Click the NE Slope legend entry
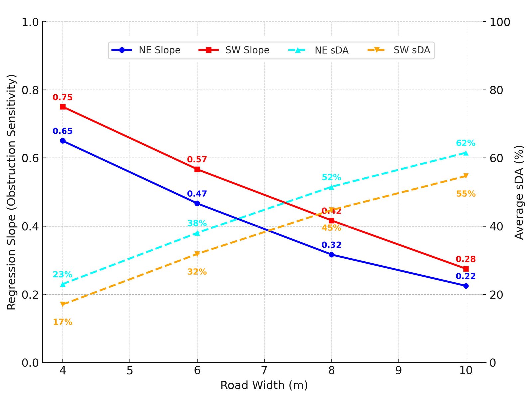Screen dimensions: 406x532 [x=146, y=50]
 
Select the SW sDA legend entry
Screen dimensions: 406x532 [x=399, y=50]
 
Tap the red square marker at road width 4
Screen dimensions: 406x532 [x=63, y=107]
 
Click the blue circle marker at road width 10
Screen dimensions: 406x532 [x=466, y=286]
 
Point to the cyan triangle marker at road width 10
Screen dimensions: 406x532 [x=466, y=153]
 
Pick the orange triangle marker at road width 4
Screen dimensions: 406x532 [x=63, y=304]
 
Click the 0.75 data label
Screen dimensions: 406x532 [x=63, y=97]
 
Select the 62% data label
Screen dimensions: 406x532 [x=465, y=143]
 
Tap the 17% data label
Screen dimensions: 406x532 [x=63, y=322]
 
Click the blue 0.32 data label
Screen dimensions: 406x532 [x=332, y=245]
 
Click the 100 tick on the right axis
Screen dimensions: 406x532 [x=500, y=22]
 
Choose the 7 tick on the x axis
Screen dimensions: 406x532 [x=264, y=370]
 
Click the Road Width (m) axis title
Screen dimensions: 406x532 [x=264, y=385]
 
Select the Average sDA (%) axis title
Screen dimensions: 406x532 [x=519, y=192]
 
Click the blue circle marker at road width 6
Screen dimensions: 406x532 [x=197, y=203]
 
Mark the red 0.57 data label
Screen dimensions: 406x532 [x=197, y=160]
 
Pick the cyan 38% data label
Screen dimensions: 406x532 [x=197, y=223]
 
